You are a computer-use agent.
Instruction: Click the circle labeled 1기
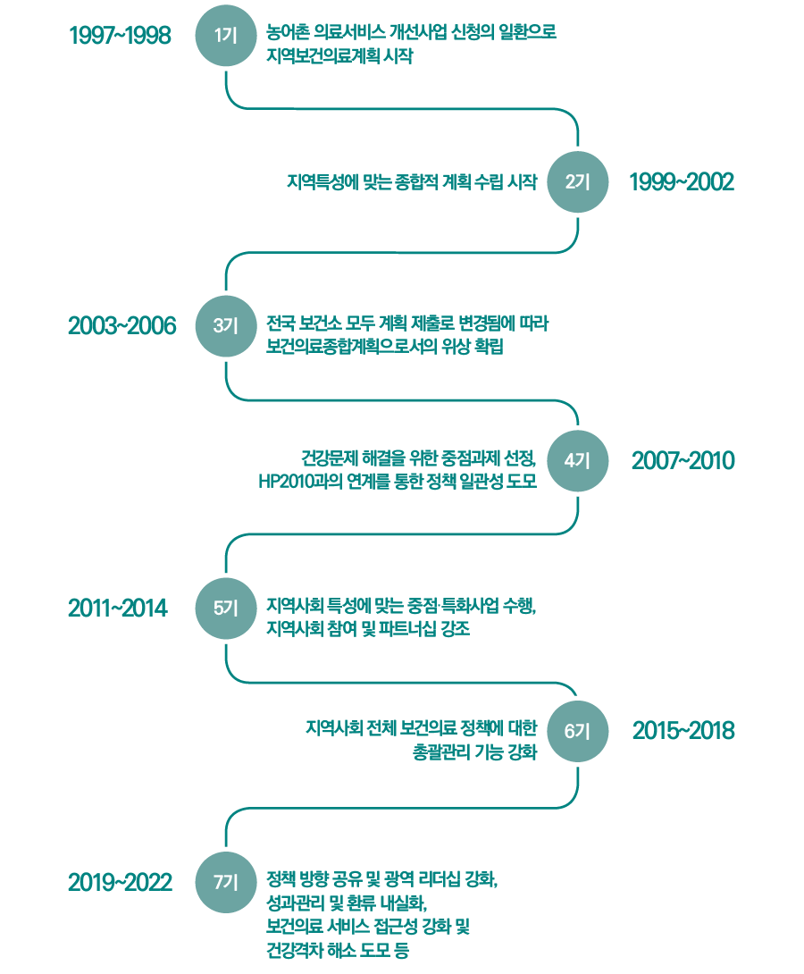click(x=225, y=35)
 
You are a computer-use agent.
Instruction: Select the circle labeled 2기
click(x=577, y=182)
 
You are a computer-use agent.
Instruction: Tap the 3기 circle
click(x=225, y=326)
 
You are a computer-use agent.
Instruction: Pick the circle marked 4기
click(x=577, y=461)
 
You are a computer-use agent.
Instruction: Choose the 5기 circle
click(x=225, y=609)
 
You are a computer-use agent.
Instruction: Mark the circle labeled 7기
click(x=225, y=883)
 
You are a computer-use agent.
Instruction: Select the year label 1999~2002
click(x=682, y=182)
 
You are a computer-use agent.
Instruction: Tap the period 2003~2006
click(x=121, y=326)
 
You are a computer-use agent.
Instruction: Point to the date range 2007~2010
click(x=683, y=461)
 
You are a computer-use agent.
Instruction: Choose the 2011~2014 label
click(x=117, y=609)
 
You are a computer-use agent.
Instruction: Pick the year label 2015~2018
click(x=683, y=731)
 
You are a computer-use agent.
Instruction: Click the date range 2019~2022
click(x=120, y=883)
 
